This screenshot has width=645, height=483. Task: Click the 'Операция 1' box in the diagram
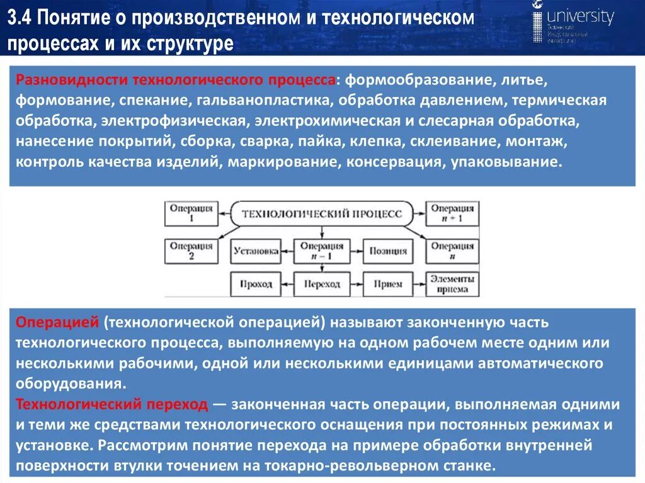191,214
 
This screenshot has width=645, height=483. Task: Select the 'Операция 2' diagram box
191,251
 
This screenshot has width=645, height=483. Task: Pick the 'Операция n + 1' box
452,214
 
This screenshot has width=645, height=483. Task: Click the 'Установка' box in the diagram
256,251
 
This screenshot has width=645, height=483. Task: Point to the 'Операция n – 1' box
321,251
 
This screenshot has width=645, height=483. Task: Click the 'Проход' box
256,284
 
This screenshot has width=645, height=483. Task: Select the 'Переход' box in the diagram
321,284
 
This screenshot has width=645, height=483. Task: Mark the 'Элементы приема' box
452,284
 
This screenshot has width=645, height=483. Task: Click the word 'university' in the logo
580,17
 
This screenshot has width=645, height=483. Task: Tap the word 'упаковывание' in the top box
505,162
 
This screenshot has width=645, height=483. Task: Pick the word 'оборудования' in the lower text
67,384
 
